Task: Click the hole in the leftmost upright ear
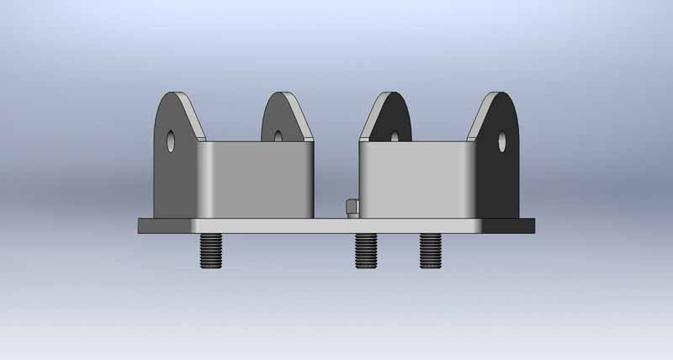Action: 171,140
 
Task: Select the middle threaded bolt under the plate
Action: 365,251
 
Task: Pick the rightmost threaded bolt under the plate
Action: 431,251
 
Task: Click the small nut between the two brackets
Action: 351,207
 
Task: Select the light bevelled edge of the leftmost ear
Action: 196,118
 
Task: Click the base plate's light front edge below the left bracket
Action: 252,226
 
